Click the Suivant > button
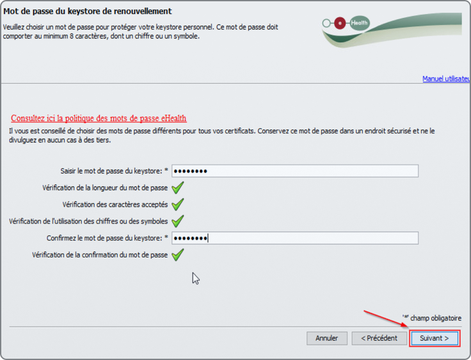[x=435, y=338]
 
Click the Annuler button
[x=327, y=338]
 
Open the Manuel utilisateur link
[x=447, y=79]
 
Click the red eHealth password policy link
[x=99, y=119]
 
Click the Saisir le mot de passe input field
[x=294, y=171]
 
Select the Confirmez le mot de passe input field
[x=294, y=238]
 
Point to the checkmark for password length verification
[x=177, y=188]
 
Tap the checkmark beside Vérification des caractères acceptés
[x=177, y=204]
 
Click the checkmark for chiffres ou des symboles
[x=177, y=222]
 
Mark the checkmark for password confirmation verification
[x=177, y=255]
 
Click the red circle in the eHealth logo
[x=340, y=23]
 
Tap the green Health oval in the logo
[x=360, y=23]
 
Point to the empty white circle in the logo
[x=326, y=23]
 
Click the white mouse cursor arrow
[x=196, y=278]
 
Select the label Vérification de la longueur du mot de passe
[x=105, y=188]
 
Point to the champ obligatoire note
[x=432, y=318]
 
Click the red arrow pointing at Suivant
[x=387, y=319]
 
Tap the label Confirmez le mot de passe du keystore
[x=104, y=238]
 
